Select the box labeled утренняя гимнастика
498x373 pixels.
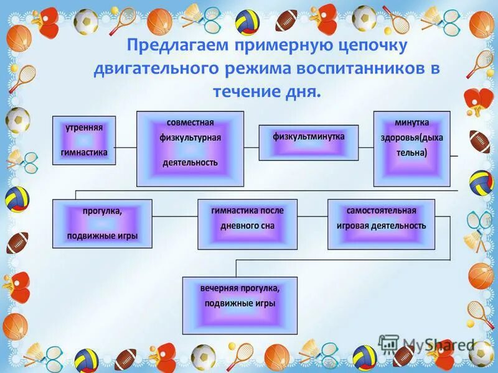(x=84, y=139)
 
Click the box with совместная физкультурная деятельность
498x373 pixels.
(x=190, y=149)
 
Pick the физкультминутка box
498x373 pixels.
(x=308, y=142)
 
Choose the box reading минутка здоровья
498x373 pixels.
(x=411, y=148)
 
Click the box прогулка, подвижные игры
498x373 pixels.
(x=102, y=223)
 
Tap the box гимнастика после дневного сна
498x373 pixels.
(x=247, y=224)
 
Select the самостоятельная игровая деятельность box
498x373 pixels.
(x=381, y=224)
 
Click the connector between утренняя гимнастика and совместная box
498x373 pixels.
(x=126, y=147)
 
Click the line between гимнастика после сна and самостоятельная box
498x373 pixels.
(x=312, y=217)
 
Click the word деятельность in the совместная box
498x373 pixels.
(x=190, y=162)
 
